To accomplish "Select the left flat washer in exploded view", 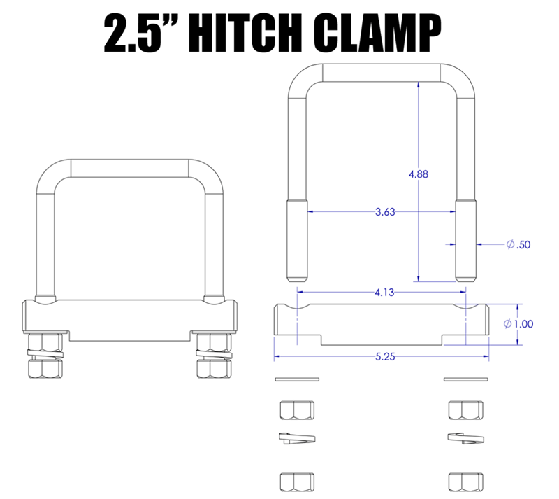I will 297,380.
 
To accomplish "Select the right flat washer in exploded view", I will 465,380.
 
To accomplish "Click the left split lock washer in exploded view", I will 297,438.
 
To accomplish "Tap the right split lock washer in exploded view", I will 465,438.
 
